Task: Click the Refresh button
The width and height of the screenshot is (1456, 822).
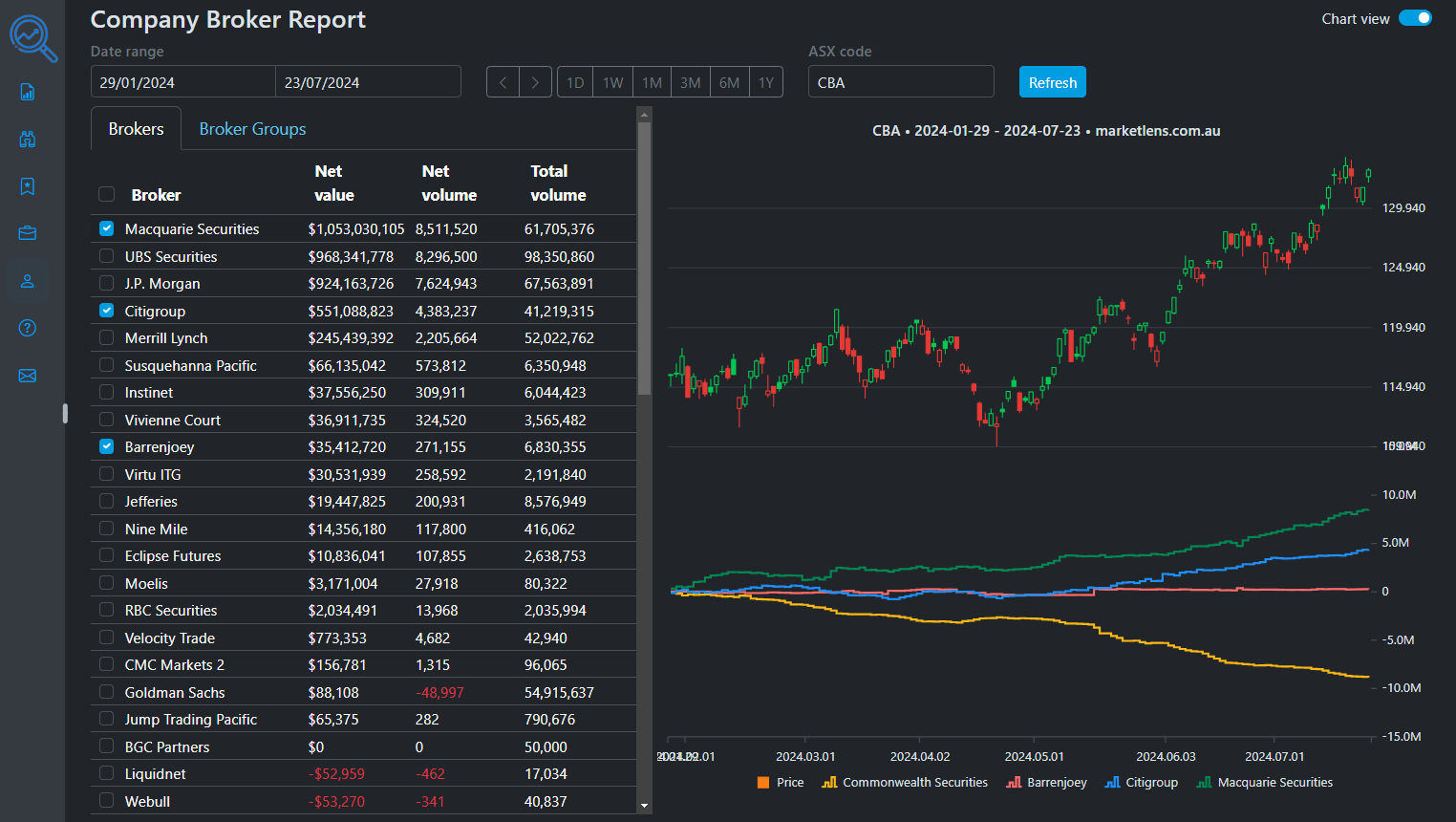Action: pyautogui.click(x=1052, y=82)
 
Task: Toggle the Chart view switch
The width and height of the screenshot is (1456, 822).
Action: pyautogui.click(x=1415, y=18)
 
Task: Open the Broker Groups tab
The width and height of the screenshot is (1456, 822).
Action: pyautogui.click(x=252, y=129)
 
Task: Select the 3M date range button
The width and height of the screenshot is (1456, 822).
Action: pyautogui.click(x=690, y=82)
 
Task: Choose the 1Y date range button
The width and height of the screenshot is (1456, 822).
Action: pyautogui.click(x=765, y=82)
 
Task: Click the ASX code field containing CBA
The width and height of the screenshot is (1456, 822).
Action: pyautogui.click(x=900, y=82)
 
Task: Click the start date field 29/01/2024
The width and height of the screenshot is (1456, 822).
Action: pyautogui.click(x=182, y=82)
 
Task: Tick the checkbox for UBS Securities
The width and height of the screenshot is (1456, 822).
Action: pyautogui.click(x=107, y=256)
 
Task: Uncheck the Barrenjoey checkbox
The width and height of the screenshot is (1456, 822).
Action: pyautogui.click(x=107, y=446)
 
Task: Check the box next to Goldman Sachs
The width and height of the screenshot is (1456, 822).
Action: pyautogui.click(x=107, y=692)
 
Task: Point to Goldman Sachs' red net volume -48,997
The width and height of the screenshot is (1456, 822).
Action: pyautogui.click(x=439, y=693)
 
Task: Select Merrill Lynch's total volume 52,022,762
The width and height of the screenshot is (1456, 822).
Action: pyautogui.click(x=559, y=338)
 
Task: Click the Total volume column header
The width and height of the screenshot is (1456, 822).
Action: pyautogui.click(x=558, y=183)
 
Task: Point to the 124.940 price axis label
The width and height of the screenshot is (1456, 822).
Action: pyautogui.click(x=1403, y=268)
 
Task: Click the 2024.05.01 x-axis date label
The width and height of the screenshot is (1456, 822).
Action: pyautogui.click(x=1034, y=757)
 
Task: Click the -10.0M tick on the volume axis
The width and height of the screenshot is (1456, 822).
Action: pyautogui.click(x=1402, y=688)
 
